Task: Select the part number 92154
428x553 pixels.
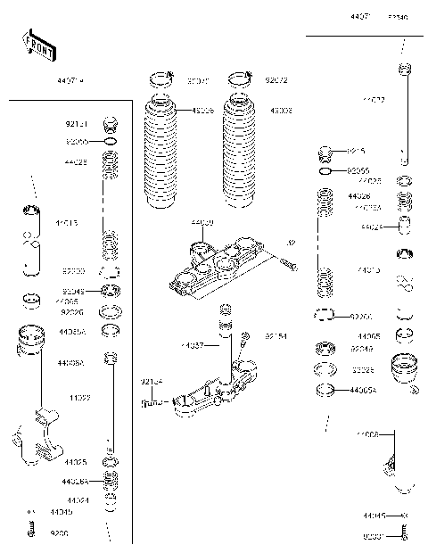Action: coord(276,336)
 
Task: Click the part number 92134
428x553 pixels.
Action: coord(151,382)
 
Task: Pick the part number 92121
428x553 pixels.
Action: coord(78,125)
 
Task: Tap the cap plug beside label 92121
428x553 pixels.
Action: coord(111,124)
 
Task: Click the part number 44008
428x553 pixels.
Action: coord(368,434)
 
